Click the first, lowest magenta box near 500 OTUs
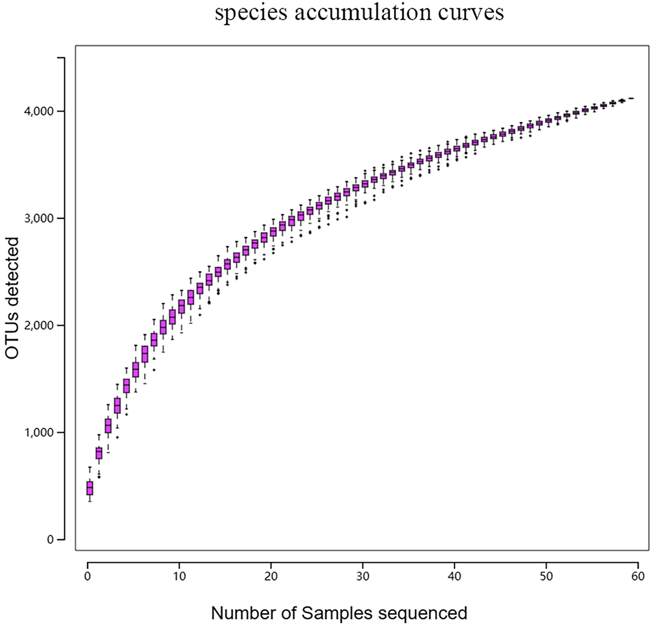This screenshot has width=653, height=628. coord(90,488)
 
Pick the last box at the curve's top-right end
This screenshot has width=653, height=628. coord(631,98)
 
